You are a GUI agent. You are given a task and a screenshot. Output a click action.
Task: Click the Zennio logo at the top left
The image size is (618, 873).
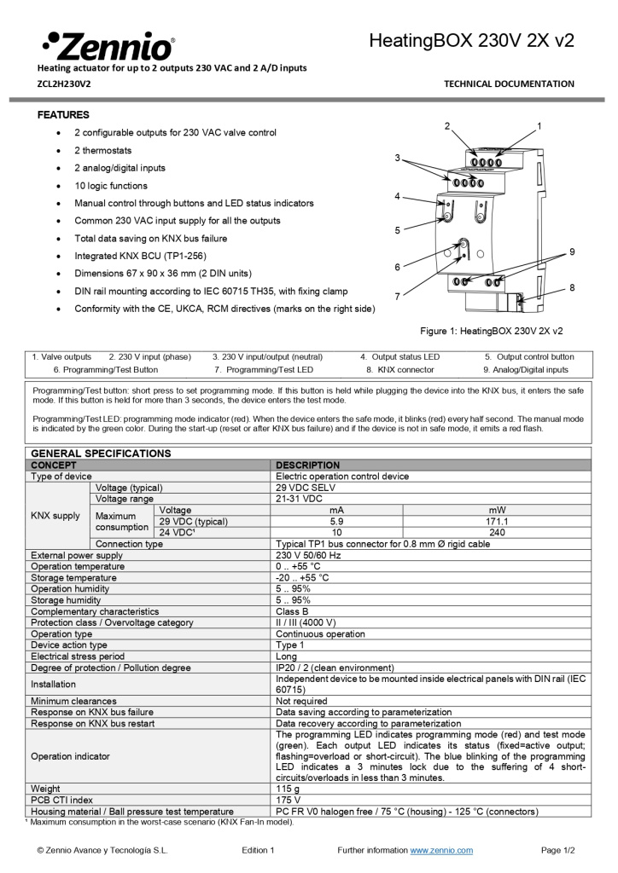108,45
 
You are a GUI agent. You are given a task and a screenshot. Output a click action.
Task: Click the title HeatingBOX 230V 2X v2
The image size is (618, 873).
471,40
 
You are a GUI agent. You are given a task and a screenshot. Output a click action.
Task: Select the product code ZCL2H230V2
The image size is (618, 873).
64,84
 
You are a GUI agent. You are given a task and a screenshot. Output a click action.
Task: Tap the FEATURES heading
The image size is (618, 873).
63,114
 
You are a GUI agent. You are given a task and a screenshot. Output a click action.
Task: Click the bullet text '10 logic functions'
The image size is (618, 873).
111,186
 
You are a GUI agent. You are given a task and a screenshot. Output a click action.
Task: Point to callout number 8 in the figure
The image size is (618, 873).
571,287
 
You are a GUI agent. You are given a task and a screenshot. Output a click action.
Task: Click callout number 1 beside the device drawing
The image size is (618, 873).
539,125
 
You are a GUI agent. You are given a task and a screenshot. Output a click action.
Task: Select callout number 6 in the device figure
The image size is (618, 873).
397,267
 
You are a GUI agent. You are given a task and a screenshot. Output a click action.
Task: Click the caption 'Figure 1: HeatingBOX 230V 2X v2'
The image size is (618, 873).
491,331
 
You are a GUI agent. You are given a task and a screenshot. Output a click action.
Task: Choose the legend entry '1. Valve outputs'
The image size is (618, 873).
61,356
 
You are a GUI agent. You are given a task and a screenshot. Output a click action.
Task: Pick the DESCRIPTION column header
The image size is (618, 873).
307,465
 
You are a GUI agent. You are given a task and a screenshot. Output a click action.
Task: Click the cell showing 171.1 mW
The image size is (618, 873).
497,521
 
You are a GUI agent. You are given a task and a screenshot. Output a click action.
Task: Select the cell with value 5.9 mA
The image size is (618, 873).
336,521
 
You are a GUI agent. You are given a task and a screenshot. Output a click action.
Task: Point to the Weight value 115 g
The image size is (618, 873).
289,789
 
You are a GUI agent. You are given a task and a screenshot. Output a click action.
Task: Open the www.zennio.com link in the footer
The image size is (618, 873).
441,850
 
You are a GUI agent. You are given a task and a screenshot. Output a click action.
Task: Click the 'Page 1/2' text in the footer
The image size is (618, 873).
557,850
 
